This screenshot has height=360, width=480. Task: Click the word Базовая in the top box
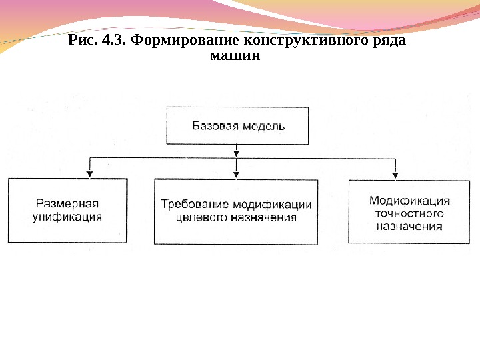215,125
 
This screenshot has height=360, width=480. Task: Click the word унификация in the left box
67,217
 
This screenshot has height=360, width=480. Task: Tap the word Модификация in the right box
409,200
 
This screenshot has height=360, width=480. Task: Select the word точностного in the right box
409,213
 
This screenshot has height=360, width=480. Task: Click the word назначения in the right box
409,227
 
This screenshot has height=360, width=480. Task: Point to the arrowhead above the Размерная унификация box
89,174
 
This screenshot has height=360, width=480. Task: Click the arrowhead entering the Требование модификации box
236,174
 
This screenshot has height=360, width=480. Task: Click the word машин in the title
235,57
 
